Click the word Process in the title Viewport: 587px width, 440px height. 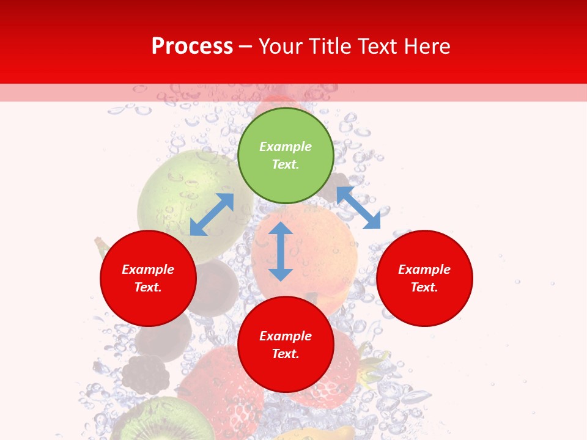tap(192, 46)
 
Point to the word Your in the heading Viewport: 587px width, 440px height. tap(281, 46)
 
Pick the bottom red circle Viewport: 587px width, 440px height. tap(286, 373)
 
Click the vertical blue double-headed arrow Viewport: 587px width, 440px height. tap(281, 251)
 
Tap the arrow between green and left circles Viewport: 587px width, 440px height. tap(212, 215)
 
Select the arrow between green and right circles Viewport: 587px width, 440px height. tap(358, 208)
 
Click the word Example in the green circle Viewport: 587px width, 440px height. tap(286, 147)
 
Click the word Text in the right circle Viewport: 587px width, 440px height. tap(424, 287)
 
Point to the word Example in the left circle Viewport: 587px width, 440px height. tap(148, 269)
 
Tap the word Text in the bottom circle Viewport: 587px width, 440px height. tap(286, 354)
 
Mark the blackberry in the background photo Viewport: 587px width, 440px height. tap(145, 375)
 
